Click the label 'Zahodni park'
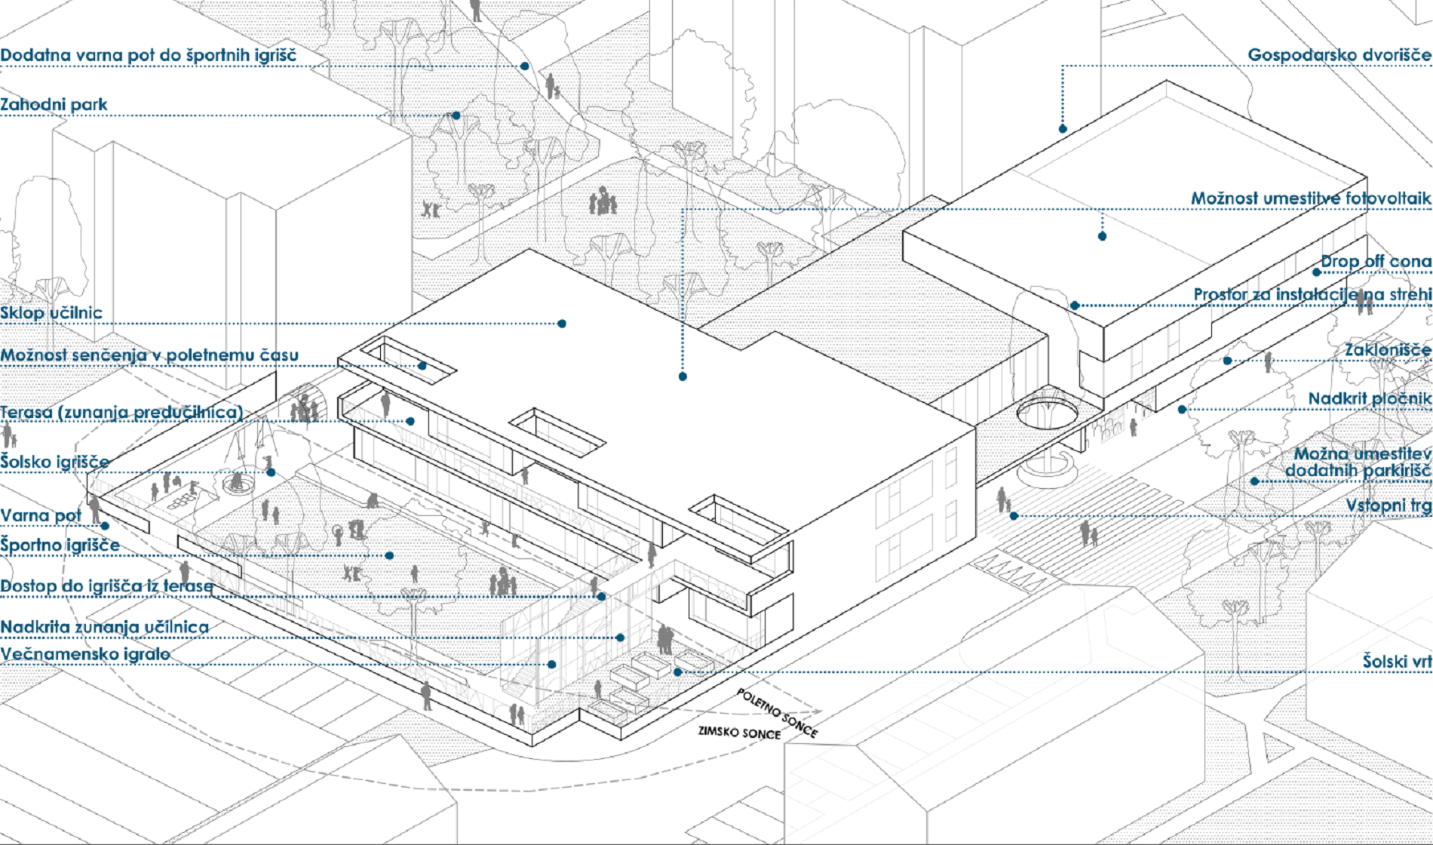[54, 105]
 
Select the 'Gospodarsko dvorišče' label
[1339, 55]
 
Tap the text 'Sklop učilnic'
[51, 313]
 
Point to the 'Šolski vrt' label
[1397, 662]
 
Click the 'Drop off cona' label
[1376, 262]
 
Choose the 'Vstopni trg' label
[1389, 505]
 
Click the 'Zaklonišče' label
[1388, 350]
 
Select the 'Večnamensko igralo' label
[85, 654]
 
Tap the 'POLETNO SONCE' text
[777, 712]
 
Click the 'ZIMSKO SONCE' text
[739, 732]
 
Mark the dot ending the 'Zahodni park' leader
[456, 115]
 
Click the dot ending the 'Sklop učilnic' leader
[562, 324]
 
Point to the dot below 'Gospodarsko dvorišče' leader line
[1063, 129]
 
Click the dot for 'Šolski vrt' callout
[678, 671]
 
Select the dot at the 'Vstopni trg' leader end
[1014, 516]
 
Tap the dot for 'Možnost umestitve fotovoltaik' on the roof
[1102, 236]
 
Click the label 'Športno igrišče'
[60, 545]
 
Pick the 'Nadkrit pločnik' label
[1370, 399]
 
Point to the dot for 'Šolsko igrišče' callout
[271, 473]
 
